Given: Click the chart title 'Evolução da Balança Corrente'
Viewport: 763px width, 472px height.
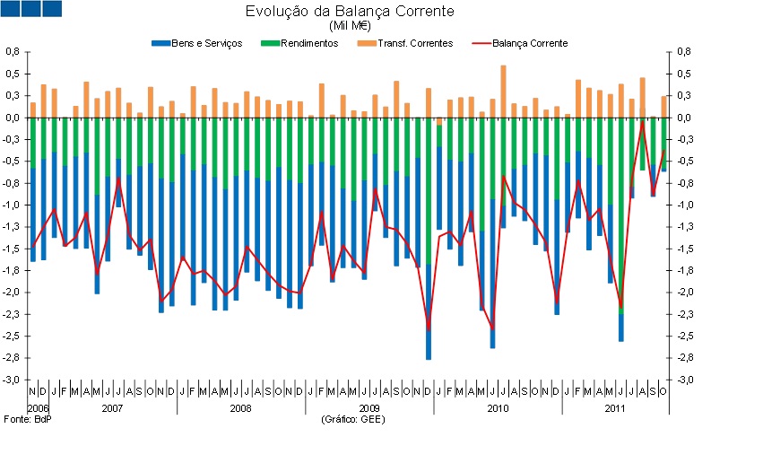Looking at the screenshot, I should pyautogui.click(x=350, y=12).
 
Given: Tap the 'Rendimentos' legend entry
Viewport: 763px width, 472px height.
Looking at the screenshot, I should pyautogui.click(x=300, y=43).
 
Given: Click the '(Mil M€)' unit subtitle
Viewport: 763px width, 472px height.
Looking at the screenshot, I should pyautogui.click(x=350, y=26).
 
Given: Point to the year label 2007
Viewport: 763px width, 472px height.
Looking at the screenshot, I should pyautogui.click(x=112, y=409).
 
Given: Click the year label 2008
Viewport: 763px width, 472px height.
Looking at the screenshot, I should pyautogui.click(x=240, y=409).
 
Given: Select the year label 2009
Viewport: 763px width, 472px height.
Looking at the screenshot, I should pyautogui.click(x=369, y=409).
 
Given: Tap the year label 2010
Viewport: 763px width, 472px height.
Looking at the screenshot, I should pyautogui.click(x=498, y=409).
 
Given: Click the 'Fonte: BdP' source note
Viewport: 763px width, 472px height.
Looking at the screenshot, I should pyautogui.click(x=28, y=419).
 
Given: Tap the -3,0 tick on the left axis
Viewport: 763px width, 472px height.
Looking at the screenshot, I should pyautogui.click(x=12, y=380).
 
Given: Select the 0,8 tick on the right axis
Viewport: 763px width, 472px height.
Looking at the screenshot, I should pyautogui.click(x=684, y=52).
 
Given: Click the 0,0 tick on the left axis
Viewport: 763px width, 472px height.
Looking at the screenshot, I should pyautogui.click(x=13, y=118).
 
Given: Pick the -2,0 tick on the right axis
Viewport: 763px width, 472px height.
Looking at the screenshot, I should pyautogui.click(x=684, y=293).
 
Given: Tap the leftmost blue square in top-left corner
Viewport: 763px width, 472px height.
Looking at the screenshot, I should pyautogui.click(x=11, y=8).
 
